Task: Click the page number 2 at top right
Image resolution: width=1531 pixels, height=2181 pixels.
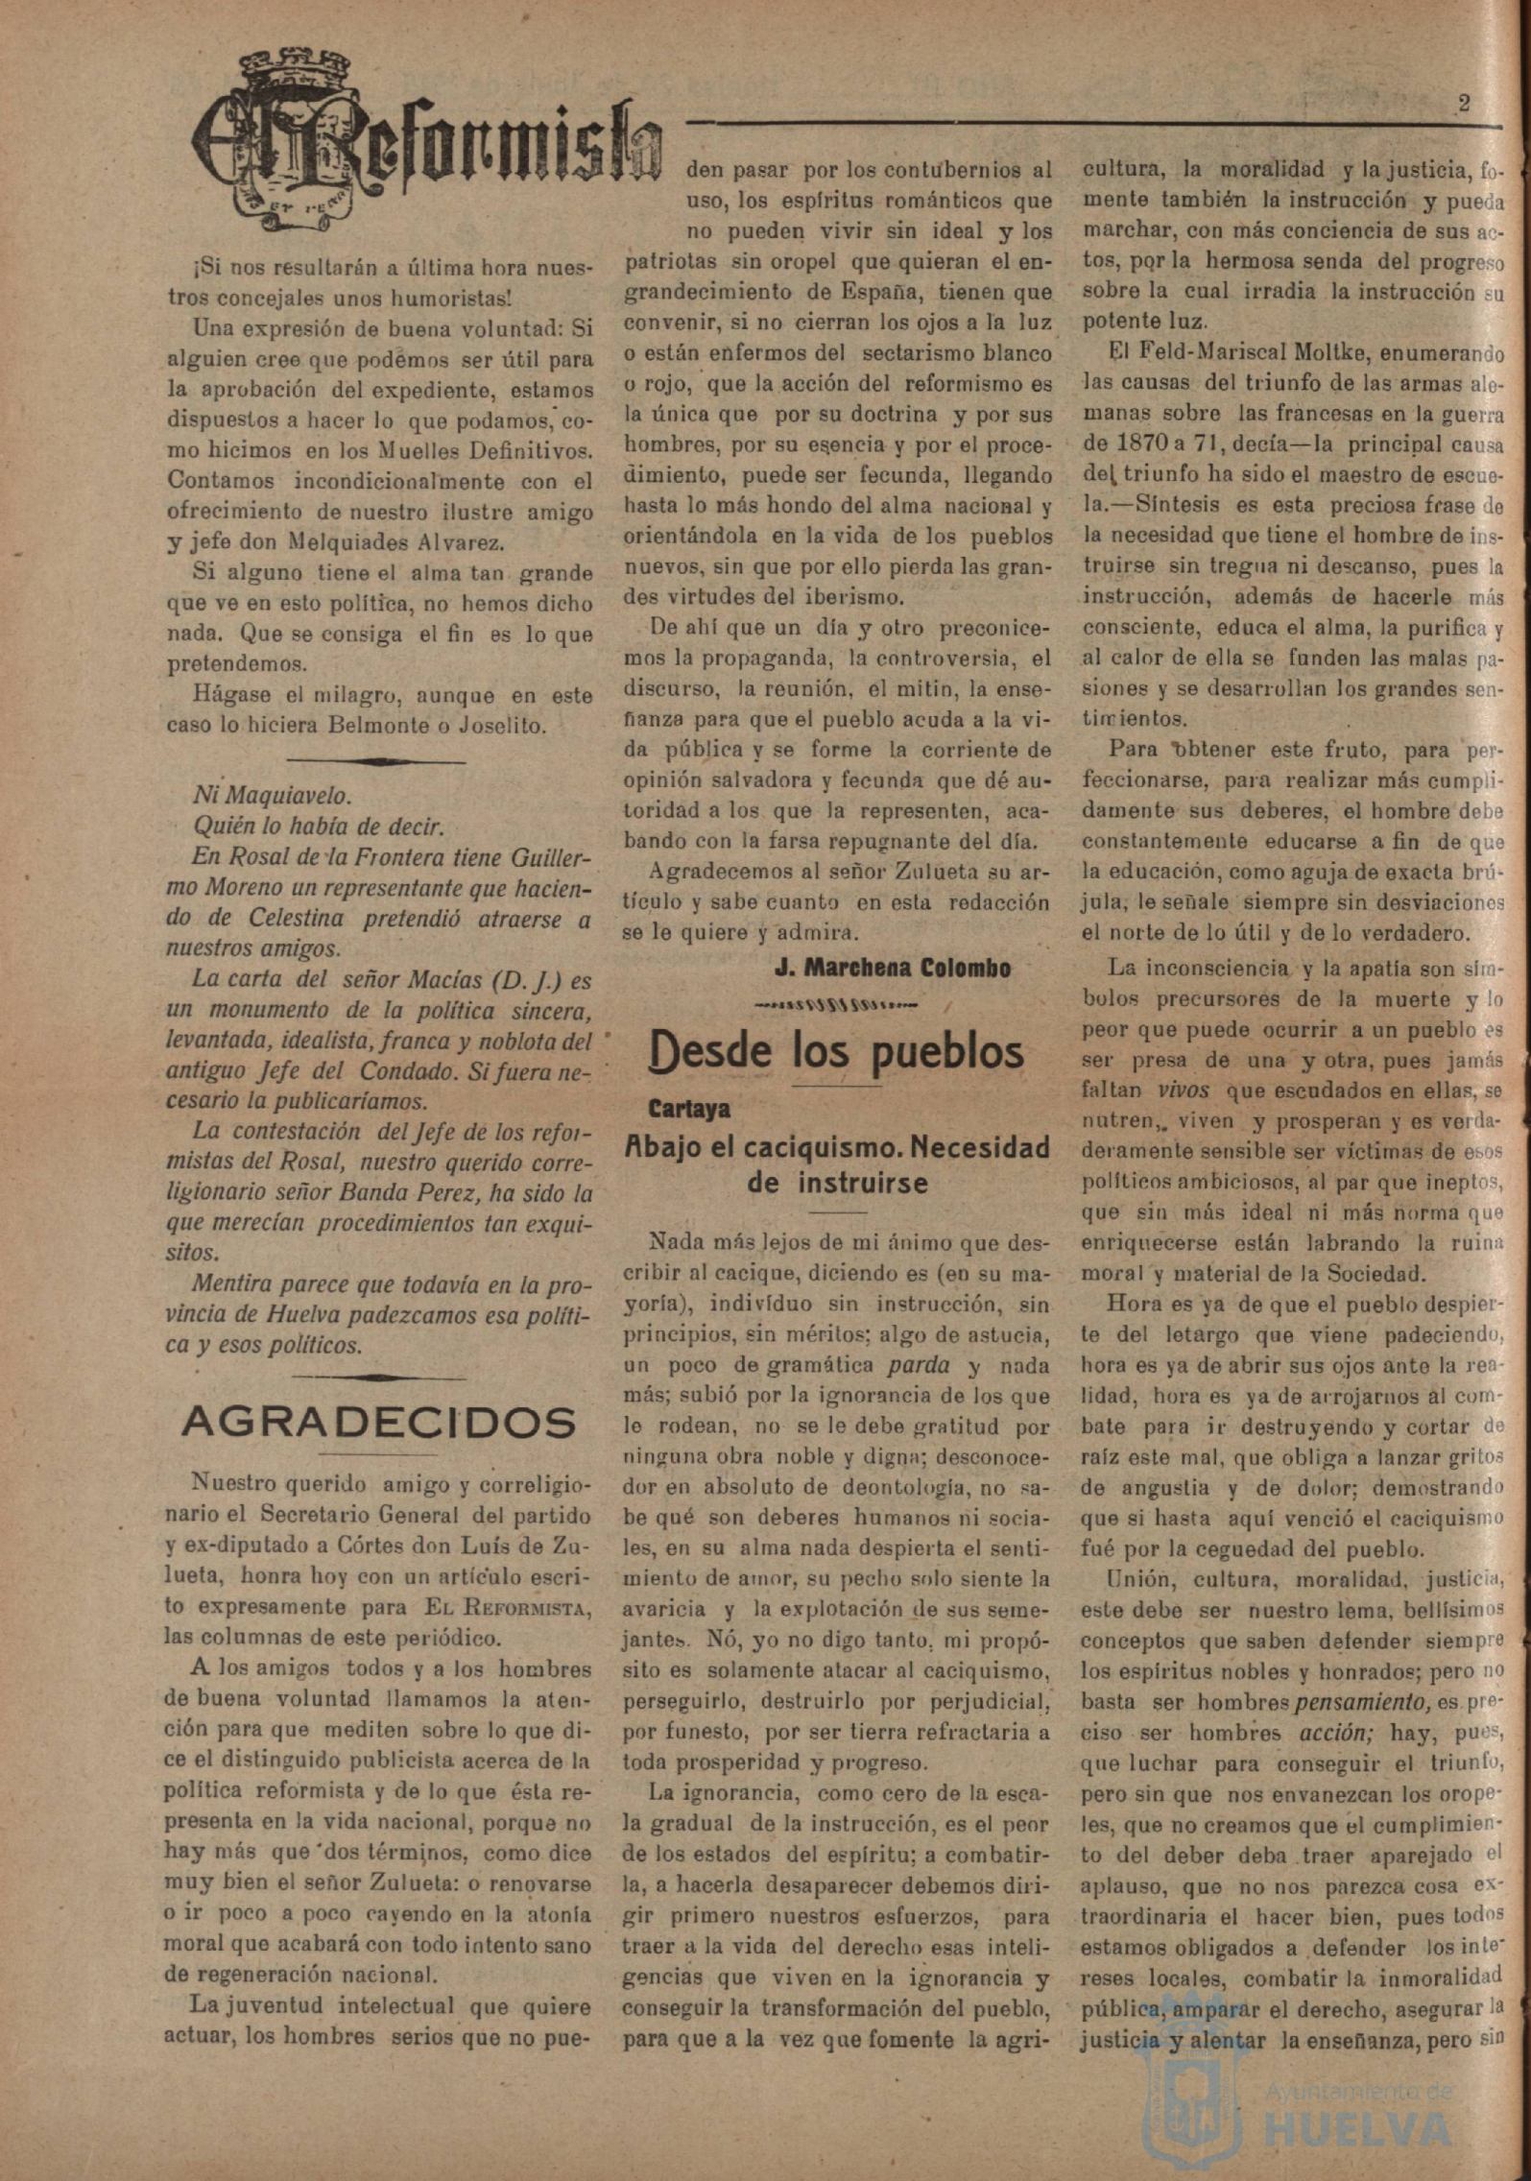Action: (1464, 105)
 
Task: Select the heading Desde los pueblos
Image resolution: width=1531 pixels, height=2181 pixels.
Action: (836, 1052)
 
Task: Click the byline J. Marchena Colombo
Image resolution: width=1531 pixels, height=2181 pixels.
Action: (892, 968)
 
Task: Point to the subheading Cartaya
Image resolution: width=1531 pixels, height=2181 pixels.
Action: (689, 1109)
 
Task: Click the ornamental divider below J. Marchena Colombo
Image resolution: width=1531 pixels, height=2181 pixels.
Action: (835, 1007)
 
